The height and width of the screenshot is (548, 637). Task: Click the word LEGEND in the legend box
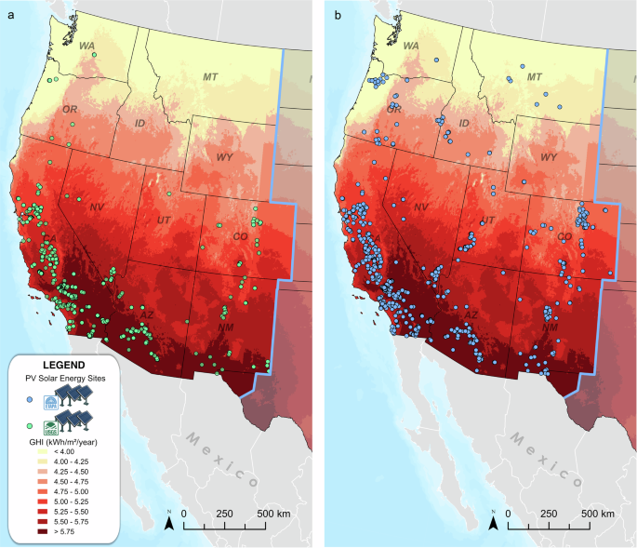click(64, 365)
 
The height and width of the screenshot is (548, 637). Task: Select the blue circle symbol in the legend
click(30, 399)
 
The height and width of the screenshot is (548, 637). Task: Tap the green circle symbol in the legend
click(30, 424)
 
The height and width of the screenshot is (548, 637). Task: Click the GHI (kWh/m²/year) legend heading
click(64, 441)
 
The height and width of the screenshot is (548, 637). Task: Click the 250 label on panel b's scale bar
click(549, 515)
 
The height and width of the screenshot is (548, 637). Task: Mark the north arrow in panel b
click(493, 523)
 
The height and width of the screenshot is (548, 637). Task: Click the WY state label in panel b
click(549, 157)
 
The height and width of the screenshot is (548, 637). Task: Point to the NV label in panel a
click(96, 208)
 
